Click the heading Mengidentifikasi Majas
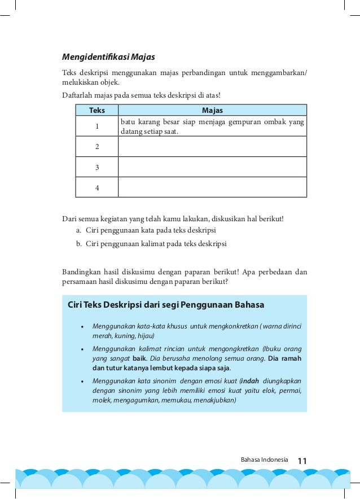click(108, 57)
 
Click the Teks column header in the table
click(96, 111)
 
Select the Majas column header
click(212, 111)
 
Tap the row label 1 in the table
click(97, 127)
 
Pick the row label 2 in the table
click(97, 147)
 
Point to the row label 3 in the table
click(97, 167)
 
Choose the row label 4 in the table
click(97, 187)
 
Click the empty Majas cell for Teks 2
click(212, 147)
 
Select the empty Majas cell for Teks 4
click(212, 187)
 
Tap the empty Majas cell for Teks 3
click(212, 167)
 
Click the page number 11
click(302, 461)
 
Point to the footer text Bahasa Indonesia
click(264, 461)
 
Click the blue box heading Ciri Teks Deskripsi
click(165, 305)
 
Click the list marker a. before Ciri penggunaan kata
click(78, 231)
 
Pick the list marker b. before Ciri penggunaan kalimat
click(78, 244)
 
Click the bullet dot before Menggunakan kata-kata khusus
click(82, 327)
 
